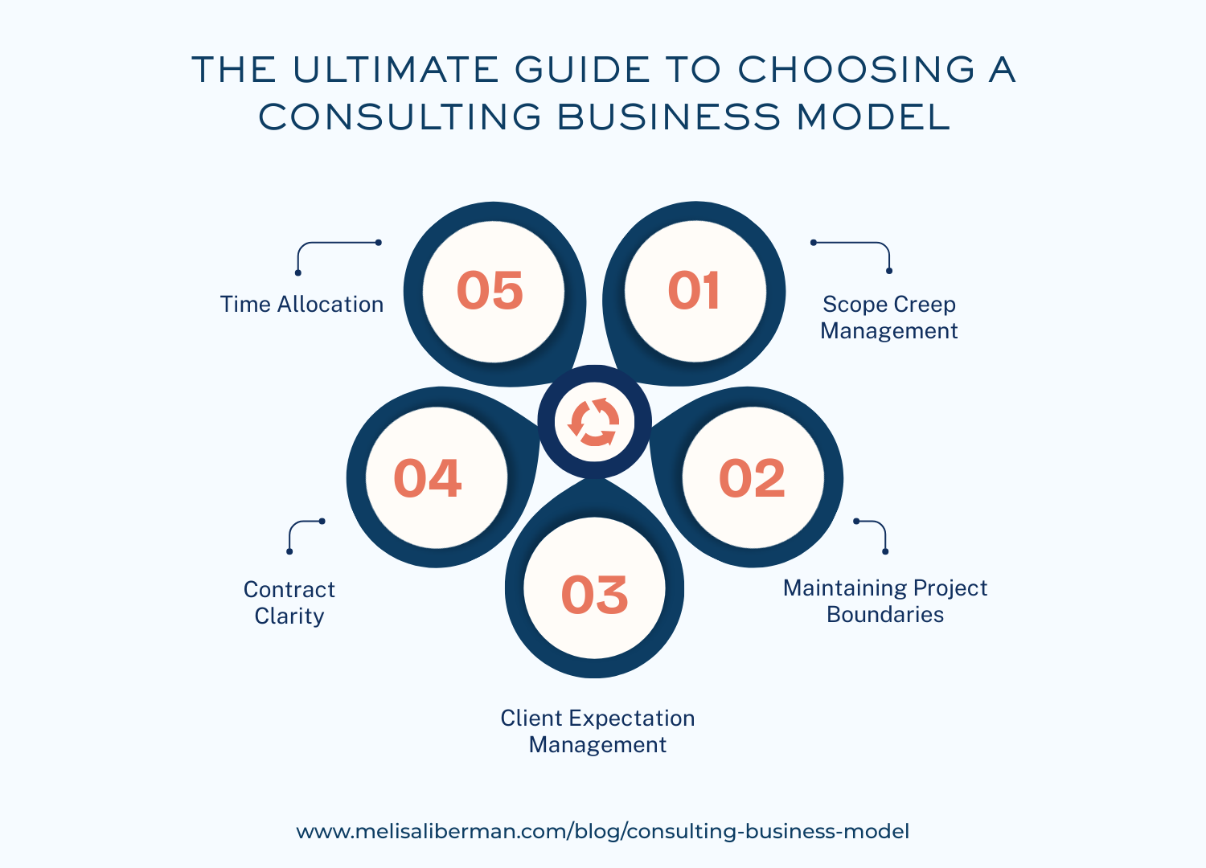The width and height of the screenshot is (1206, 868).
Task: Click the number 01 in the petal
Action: tap(694, 290)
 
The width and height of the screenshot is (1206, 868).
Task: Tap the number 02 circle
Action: tap(752, 478)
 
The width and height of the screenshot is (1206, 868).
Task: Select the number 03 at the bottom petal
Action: tap(594, 595)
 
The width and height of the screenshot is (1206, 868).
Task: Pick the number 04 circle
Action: tap(428, 478)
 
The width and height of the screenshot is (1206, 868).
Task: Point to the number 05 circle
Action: tap(490, 290)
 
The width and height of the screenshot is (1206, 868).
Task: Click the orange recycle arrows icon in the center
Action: tap(594, 422)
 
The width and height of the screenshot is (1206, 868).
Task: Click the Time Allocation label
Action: tap(301, 305)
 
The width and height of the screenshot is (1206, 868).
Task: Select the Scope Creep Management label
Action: tap(889, 317)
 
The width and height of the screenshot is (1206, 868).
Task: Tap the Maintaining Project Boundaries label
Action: tap(885, 601)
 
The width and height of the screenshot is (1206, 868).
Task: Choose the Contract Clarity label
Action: tap(289, 603)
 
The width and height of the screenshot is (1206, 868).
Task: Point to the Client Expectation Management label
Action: tap(597, 731)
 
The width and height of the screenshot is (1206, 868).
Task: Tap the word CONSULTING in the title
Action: tap(400, 117)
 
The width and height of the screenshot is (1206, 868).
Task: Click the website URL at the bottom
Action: tap(603, 831)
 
